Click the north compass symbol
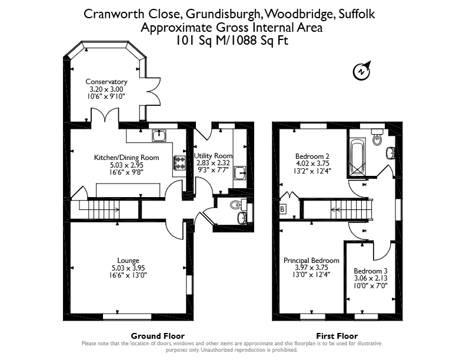362,71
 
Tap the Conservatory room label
106,81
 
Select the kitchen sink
159,135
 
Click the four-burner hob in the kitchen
179,163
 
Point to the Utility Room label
213,156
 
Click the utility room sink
240,173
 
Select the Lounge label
128,261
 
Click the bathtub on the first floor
358,156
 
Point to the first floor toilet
377,136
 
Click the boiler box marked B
282,209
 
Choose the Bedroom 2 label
312,156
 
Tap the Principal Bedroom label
311,261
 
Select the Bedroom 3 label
371,271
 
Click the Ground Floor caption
158,336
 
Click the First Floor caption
337,336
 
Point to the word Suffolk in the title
357,14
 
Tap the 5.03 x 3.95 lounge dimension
128,268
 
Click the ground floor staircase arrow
99,209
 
